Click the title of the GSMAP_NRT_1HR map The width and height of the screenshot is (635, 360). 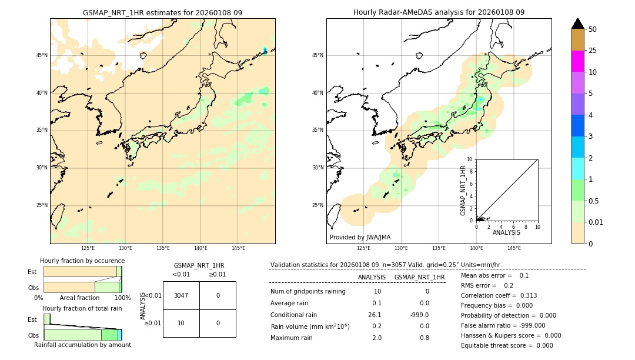pyautogui.click(x=162, y=12)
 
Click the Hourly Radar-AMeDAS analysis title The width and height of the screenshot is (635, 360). pyautogui.click(x=439, y=12)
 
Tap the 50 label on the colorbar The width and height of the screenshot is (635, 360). pyautogui.click(x=593, y=29)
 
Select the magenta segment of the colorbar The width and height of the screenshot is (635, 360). pyautogui.click(x=578, y=61)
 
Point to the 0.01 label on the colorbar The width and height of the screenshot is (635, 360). pyautogui.click(x=596, y=222)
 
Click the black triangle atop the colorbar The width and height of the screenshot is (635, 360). pyautogui.click(x=578, y=24)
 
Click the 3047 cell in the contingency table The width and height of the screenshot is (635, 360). pyautogui.click(x=181, y=295)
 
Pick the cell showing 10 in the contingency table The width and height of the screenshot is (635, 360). pyautogui.click(x=181, y=324)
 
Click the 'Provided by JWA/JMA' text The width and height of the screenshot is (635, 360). pyautogui.click(x=360, y=238)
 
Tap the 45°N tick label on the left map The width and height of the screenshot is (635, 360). pyautogui.click(x=42, y=55)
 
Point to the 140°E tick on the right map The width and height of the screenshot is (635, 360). pyautogui.click(x=476, y=248)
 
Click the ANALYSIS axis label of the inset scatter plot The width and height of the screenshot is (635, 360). pyautogui.click(x=506, y=232)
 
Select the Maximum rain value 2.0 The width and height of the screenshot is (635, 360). pyautogui.click(x=376, y=338)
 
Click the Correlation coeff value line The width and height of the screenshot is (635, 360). pyautogui.click(x=499, y=295)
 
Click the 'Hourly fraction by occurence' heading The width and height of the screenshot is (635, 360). pyautogui.click(x=82, y=261)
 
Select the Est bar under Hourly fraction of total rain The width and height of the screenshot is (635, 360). pyautogui.click(x=47, y=319)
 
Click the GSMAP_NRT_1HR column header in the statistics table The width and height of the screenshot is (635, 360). pyautogui.click(x=419, y=277)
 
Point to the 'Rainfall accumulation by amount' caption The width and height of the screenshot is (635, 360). pyautogui.click(x=82, y=345)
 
